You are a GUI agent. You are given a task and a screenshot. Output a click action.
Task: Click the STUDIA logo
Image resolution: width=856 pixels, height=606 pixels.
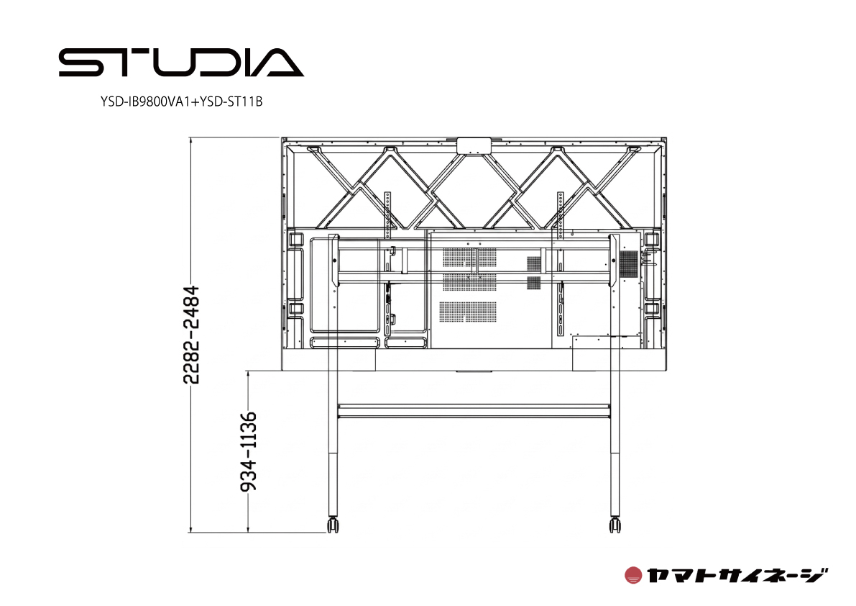pos(181,63)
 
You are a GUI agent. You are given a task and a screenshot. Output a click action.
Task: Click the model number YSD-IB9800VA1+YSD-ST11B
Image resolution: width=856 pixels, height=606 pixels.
pos(182,102)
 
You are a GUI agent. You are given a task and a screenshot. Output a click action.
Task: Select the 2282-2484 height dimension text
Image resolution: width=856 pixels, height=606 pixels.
pos(191,335)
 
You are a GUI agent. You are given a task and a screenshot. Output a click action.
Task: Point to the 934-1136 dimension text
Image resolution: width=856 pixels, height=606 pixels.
pos(249,452)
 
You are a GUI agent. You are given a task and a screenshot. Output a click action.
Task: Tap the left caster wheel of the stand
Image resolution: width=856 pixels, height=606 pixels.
pos(333,525)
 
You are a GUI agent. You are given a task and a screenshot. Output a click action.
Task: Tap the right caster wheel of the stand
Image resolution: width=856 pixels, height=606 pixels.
pos(615,525)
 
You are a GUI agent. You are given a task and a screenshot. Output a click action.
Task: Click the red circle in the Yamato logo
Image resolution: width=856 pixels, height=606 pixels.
pos(633,575)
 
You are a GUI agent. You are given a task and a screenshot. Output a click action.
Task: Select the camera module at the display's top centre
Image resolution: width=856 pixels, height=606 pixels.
pos(474,146)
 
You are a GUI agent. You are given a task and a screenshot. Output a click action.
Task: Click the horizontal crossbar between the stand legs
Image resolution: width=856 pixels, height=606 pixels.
pos(474,412)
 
